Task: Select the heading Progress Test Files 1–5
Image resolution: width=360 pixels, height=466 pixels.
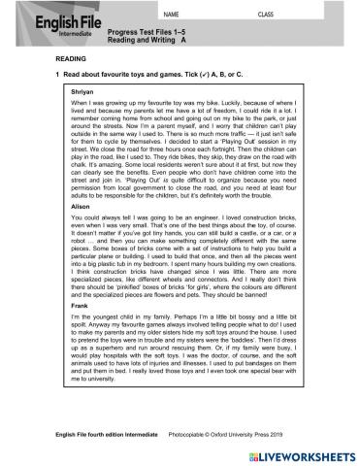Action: (x=145, y=33)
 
